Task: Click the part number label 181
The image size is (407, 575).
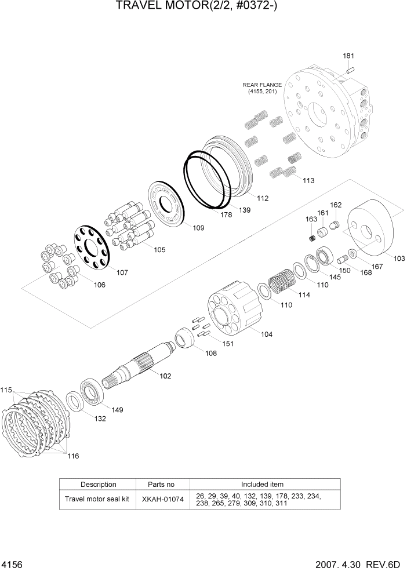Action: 348,56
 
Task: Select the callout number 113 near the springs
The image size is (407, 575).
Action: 308,180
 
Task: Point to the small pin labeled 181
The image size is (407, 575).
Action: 350,70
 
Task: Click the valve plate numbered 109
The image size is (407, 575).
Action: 166,203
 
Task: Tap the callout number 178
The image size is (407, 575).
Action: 226,214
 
